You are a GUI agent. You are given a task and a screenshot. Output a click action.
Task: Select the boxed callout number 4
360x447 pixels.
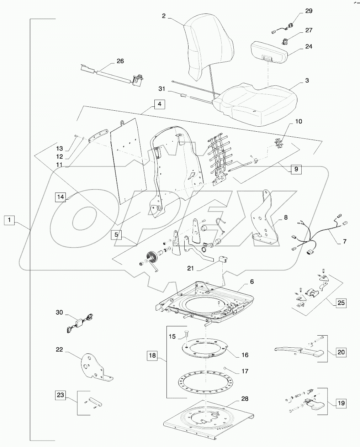click(x=160, y=105)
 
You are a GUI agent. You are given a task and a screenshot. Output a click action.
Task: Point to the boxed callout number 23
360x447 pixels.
click(x=60, y=395)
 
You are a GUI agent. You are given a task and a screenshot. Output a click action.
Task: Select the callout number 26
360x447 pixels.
click(x=120, y=61)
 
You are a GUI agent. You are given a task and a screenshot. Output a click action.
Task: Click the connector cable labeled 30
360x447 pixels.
click(x=80, y=322)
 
